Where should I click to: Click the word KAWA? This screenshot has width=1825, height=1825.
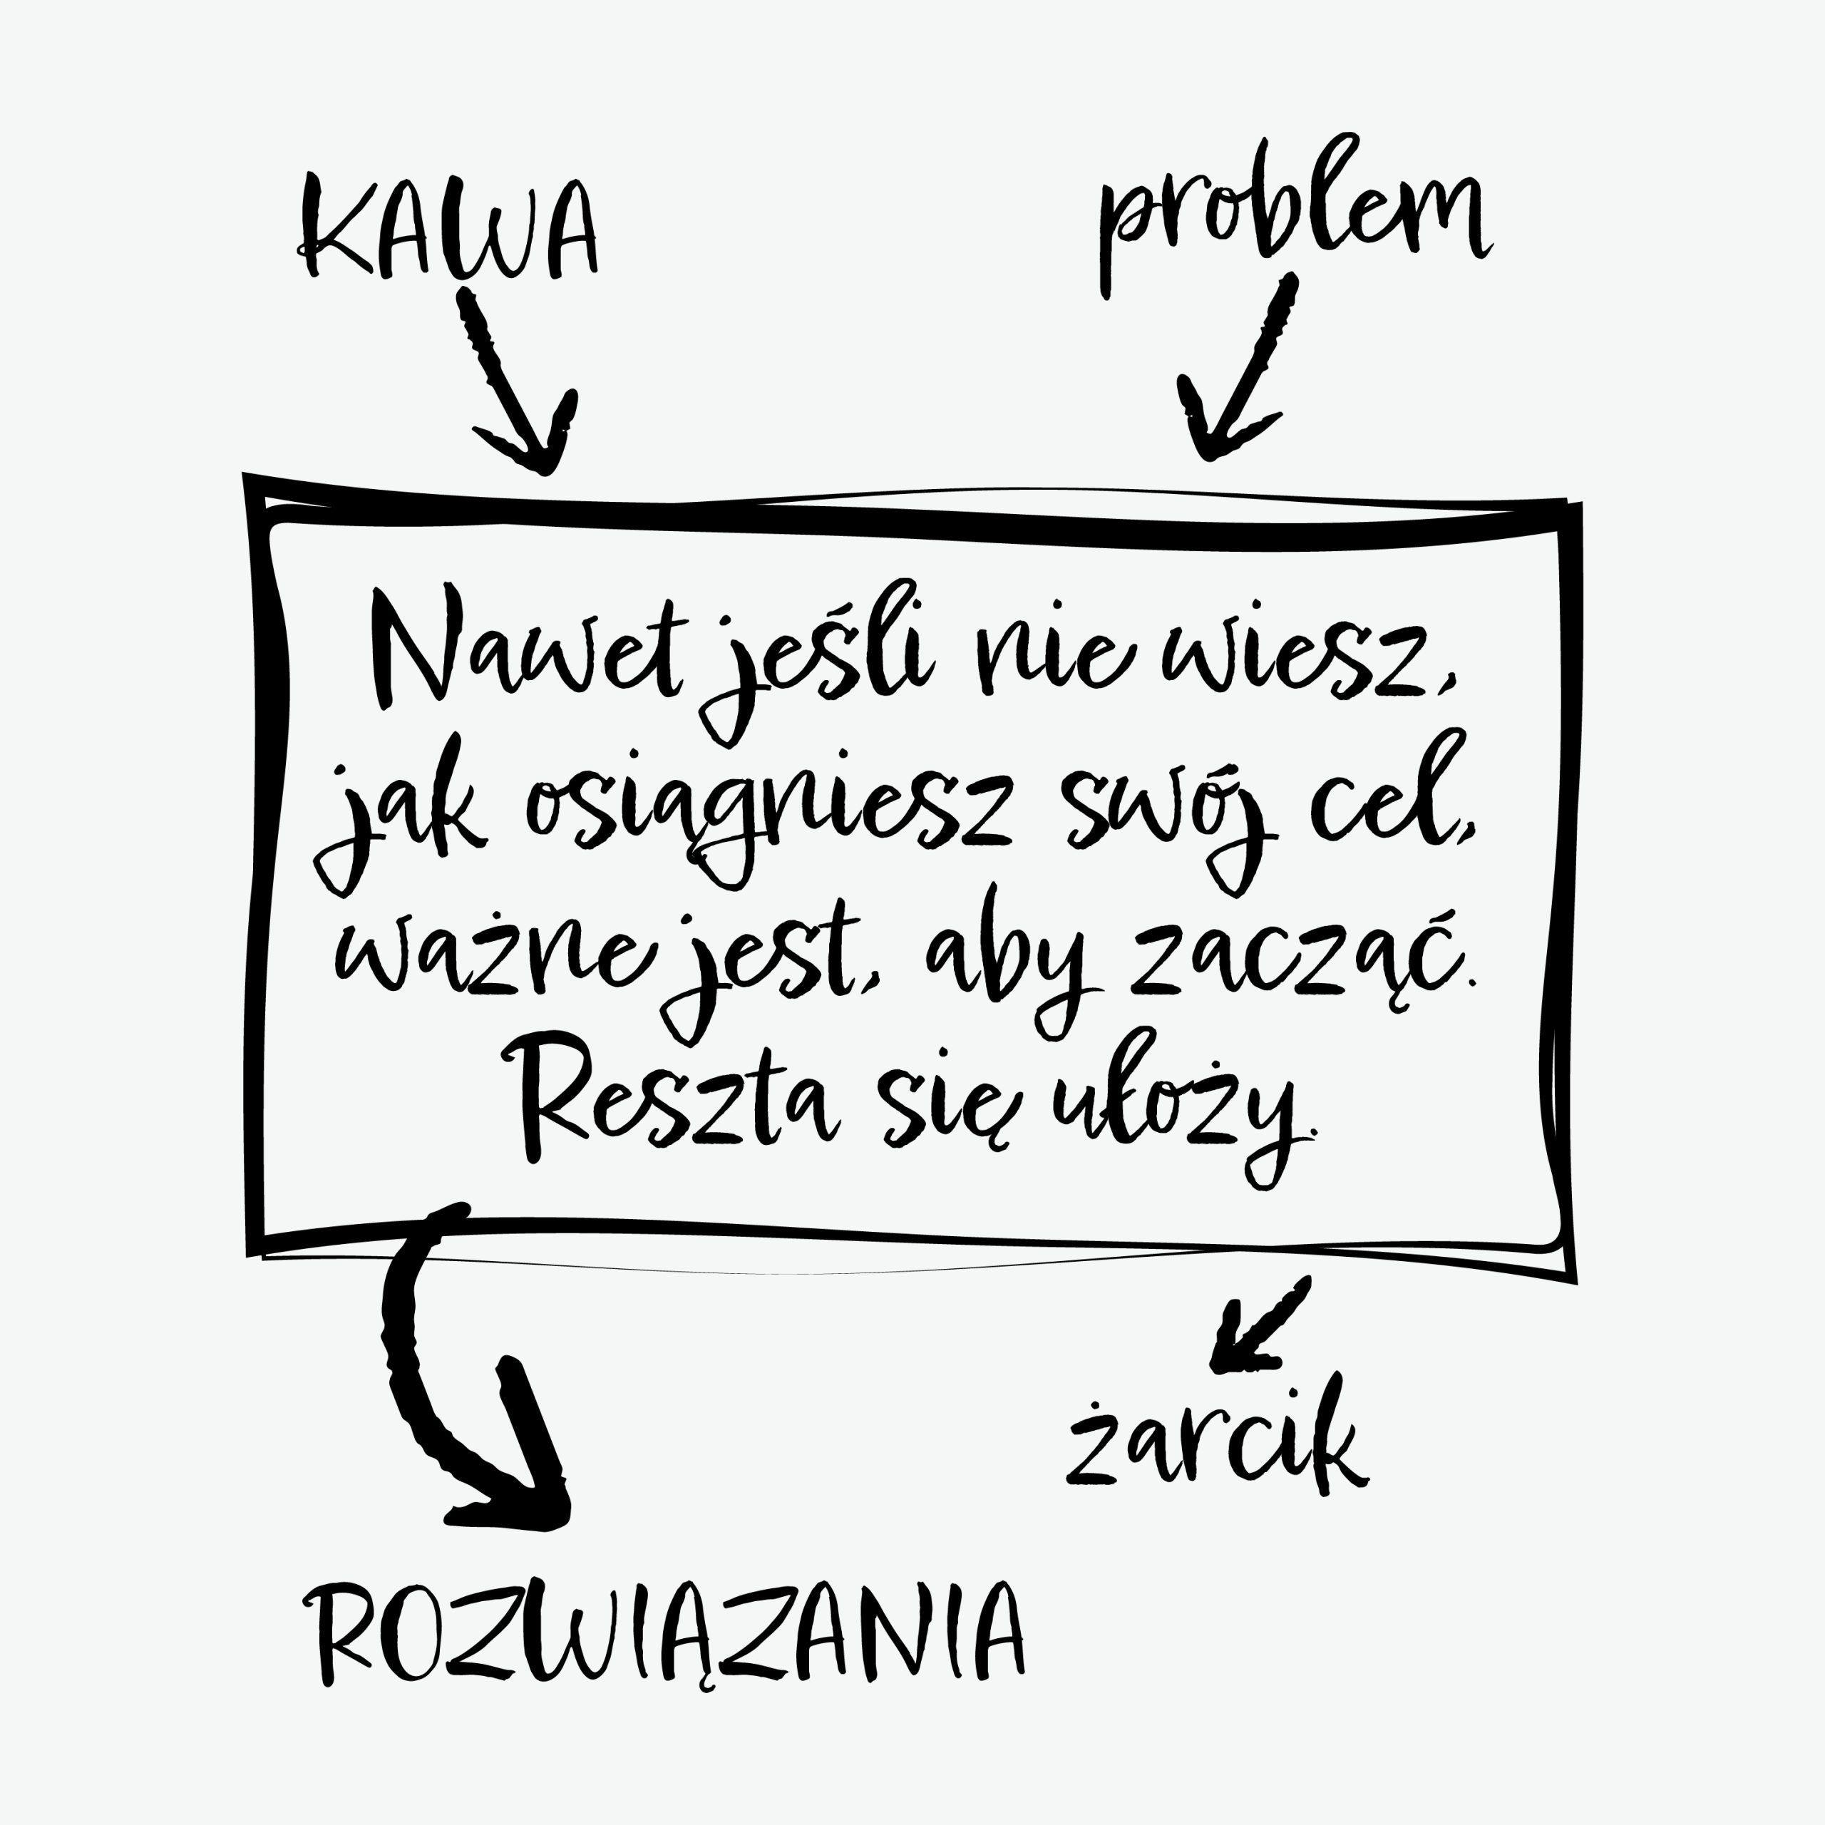pos(448,230)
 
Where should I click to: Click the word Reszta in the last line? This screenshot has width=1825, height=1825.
pos(675,1105)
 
